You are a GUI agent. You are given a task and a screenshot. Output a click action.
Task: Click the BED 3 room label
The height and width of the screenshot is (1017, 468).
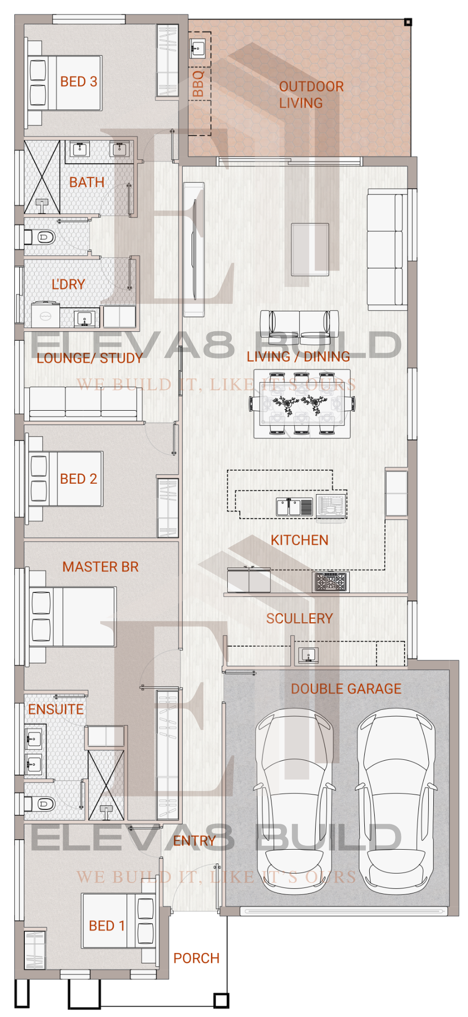click(78, 81)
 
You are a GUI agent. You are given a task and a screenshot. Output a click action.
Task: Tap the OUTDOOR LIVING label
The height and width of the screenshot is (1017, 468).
click(311, 95)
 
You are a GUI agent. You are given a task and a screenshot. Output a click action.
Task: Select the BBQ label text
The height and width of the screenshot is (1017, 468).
click(198, 83)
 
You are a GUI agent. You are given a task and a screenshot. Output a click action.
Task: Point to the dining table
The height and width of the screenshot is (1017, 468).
click(302, 403)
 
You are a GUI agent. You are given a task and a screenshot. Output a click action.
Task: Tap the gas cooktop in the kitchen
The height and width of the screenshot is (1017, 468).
click(331, 581)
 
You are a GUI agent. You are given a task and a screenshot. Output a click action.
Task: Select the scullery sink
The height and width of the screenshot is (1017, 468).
click(308, 655)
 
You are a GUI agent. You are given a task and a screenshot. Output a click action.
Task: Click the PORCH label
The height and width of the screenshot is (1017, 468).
click(196, 958)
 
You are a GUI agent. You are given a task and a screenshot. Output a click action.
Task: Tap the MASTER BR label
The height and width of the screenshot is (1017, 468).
click(100, 567)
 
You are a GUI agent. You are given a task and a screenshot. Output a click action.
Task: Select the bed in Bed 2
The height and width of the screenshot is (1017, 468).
click(66, 479)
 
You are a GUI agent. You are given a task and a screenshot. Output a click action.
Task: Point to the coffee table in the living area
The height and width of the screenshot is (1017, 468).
click(310, 249)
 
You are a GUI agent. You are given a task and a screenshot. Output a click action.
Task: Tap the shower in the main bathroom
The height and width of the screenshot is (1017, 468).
click(42, 177)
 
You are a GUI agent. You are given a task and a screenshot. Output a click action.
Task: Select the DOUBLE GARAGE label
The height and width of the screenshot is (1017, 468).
click(346, 689)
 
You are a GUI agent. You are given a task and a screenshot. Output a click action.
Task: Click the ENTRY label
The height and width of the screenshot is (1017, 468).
click(195, 841)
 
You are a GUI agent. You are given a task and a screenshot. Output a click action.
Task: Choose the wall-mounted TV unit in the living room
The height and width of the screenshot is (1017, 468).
click(194, 249)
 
